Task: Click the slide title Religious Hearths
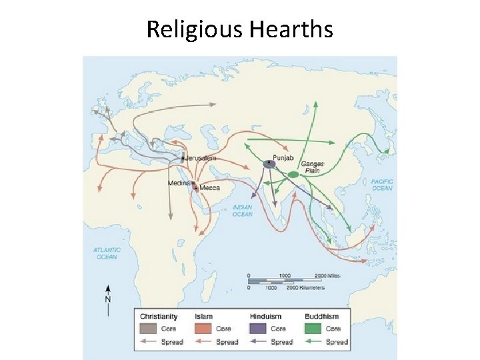tap(239, 29)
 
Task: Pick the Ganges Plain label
tap(311, 167)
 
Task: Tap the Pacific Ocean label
tap(382, 185)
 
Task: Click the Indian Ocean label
tap(243, 211)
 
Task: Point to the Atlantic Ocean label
tap(107, 253)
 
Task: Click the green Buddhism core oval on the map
tap(293, 175)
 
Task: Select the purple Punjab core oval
tap(269, 163)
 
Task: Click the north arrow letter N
tap(107, 299)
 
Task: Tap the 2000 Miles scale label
tap(329, 275)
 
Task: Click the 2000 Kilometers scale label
tap(309, 288)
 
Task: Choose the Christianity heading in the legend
tap(159, 316)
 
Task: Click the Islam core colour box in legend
tap(203, 329)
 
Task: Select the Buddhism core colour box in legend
tap(313, 329)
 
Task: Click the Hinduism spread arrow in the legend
tap(258, 342)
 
